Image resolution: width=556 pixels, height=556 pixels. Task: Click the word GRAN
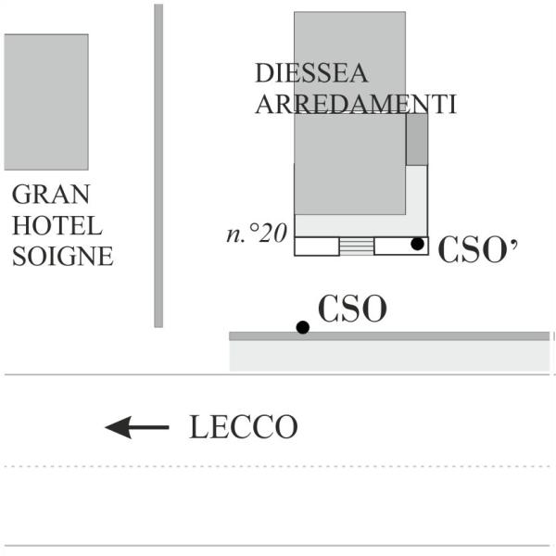pos(51,194)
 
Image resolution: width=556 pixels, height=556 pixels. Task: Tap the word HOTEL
pos(57,225)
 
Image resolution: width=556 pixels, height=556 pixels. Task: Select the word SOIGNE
pos(63,256)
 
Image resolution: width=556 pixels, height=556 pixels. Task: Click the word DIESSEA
pos(311,73)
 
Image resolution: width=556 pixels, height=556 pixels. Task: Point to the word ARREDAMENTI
pos(355,104)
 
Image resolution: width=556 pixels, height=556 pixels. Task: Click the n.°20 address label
pos(257,234)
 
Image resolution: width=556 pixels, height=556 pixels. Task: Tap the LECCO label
pos(244,426)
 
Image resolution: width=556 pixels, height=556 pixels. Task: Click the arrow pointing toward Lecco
pos(137,427)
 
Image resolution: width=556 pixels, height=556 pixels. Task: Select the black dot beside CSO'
pos(417,244)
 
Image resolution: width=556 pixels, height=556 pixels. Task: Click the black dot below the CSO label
pos(303,327)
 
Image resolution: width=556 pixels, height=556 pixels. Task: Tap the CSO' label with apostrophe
pos(477,249)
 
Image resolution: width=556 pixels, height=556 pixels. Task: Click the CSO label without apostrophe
pos(352,309)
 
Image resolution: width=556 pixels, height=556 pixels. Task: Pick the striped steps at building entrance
pos(357,246)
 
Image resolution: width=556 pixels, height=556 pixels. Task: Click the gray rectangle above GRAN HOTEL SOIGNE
pos(46,102)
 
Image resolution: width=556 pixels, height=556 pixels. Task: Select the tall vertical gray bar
pos(158,166)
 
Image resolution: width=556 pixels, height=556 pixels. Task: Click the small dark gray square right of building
pos(417,139)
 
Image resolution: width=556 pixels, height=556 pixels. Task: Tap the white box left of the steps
pos(317,246)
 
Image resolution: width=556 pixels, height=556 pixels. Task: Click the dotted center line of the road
pos(277,466)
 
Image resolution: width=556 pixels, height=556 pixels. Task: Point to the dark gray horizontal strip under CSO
pos(389,336)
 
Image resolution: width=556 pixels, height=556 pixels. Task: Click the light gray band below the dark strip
pos(389,356)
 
